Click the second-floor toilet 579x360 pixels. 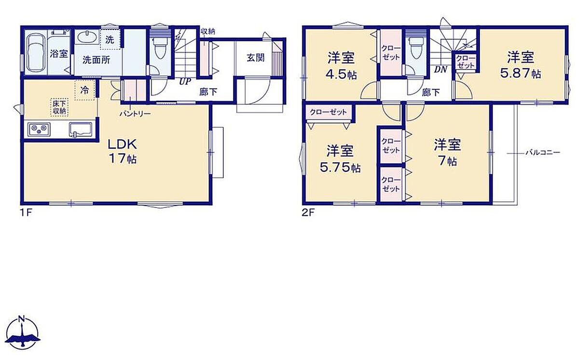click(x=414, y=48)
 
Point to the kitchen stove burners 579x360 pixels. click(x=39, y=129)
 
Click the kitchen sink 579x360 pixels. click(x=81, y=129)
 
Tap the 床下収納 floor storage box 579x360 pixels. click(x=59, y=107)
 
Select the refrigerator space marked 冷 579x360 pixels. click(x=84, y=90)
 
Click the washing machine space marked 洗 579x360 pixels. click(x=110, y=40)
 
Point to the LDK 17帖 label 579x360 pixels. click(x=122, y=151)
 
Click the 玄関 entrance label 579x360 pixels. click(x=255, y=57)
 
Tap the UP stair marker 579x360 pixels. click(x=185, y=82)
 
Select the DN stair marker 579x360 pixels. click(x=441, y=69)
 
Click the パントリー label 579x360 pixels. click(x=135, y=113)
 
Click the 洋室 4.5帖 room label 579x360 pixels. click(x=341, y=66)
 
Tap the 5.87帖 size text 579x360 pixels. click(x=521, y=74)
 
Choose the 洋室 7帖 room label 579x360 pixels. click(x=447, y=152)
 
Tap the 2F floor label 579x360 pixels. click(x=308, y=213)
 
